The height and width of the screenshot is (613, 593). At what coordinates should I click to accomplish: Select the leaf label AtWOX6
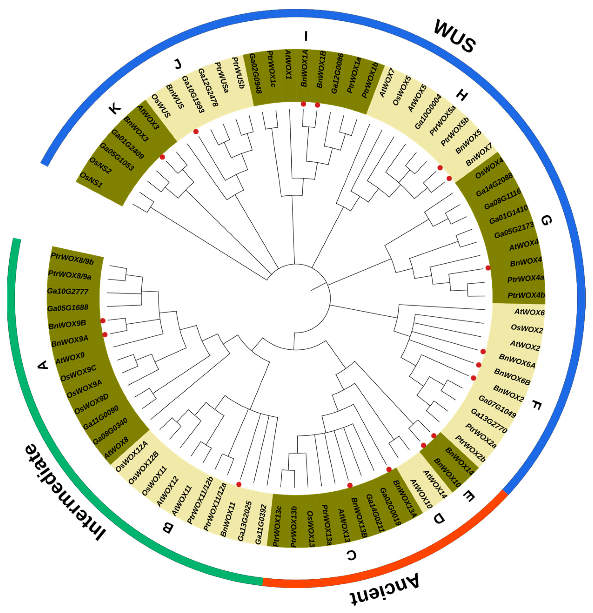(x=529, y=312)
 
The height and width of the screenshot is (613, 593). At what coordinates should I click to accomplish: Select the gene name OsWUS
(x=161, y=106)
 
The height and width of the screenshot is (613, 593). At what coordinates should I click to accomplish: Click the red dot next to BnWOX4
(x=488, y=268)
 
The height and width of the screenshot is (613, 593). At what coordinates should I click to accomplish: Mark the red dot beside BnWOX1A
(x=303, y=104)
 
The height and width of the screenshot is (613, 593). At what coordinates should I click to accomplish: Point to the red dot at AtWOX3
(x=162, y=157)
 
